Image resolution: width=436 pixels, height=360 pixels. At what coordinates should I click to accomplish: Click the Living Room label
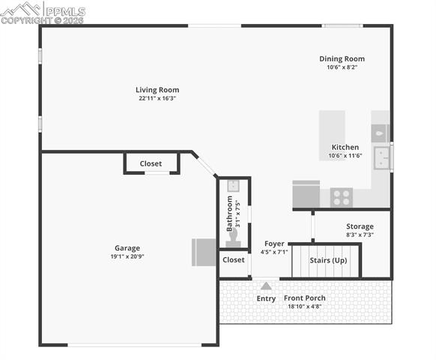(157, 90)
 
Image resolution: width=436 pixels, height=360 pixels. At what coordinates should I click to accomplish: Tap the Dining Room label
(342, 58)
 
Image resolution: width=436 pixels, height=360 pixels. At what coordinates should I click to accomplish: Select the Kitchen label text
(345, 147)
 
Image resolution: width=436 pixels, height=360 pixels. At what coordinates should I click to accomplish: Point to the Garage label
(127, 248)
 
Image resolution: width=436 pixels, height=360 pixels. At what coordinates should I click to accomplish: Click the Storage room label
(360, 226)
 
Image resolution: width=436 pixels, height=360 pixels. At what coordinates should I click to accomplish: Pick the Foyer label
(274, 244)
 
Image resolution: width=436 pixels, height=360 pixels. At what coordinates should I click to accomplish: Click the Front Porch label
(304, 298)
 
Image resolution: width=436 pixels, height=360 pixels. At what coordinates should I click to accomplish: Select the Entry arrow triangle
(266, 286)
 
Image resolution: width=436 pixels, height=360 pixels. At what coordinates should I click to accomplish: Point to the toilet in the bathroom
(233, 238)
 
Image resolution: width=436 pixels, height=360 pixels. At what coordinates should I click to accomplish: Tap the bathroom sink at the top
(233, 184)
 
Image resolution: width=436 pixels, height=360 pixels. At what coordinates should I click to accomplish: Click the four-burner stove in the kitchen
(341, 197)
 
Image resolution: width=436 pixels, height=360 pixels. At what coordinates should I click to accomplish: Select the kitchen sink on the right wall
(382, 158)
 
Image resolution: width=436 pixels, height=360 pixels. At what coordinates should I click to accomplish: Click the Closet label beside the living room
(151, 163)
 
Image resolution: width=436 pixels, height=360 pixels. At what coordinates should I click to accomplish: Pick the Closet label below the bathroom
(233, 260)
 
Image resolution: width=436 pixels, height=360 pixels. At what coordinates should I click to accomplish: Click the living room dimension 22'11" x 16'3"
(157, 98)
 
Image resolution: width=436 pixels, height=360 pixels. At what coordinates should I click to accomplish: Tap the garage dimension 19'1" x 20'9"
(127, 256)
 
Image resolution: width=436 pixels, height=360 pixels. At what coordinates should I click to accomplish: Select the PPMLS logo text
(64, 11)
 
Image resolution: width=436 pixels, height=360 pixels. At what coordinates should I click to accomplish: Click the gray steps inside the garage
(205, 252)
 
